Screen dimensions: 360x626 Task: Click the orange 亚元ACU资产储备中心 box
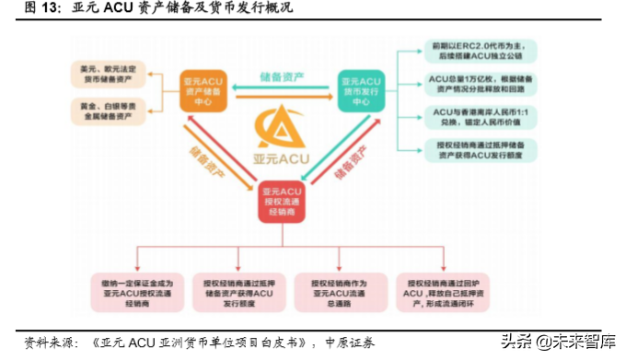[204, 92]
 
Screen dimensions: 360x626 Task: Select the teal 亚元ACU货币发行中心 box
[360, 92]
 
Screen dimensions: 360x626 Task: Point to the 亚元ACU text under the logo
[283, 158]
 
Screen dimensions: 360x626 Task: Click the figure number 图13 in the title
[36, 9]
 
